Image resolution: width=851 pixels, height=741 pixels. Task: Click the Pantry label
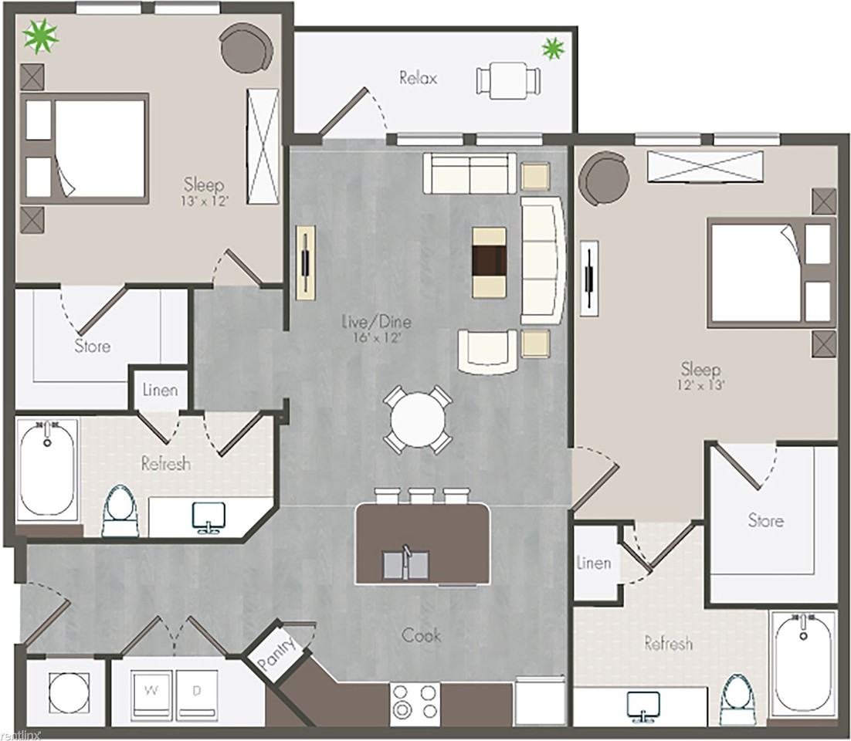pyautogui.click(x=276, y=655)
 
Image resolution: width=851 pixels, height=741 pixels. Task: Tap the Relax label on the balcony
pyautogui.click(x=418, y=78)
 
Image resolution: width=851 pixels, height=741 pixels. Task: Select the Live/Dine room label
pyautogui.click(x=376, y=322)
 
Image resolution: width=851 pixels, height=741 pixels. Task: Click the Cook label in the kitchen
pyautogui.click(x=421, y=635)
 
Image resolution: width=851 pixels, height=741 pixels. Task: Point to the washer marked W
pyautogui.click(x=151, y=691)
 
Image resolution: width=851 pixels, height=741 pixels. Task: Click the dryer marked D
pyautogui.click(x=196, y=691)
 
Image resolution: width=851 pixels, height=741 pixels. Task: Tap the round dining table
pyautogui.click(x=417, y=419)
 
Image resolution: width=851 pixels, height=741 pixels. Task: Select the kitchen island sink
pyautogui.click(x=406, y=563)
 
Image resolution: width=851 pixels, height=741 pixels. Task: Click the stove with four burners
pyautogui.click(x=415, y=702)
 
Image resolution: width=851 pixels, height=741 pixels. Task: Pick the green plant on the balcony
pyautogui.click(x=553, y=49)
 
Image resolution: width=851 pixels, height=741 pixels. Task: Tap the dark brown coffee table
pyautogui.click(x=489, y=262)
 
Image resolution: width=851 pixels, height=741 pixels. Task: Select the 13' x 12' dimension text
pyautogui.click(x=205, y=201)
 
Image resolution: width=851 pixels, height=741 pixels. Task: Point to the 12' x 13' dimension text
pyautogui.click(x=701, y=385)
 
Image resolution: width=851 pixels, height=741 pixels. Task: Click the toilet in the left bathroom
pyautogui.click(x=120, y=510)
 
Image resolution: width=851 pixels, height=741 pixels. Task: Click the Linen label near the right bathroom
pyautogui.click(x=595, y=563)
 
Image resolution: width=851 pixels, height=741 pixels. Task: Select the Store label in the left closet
pyautogui.click(x=92, y=346)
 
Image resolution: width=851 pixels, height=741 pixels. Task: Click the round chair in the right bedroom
pyautogui.click(x=604, y=178)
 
